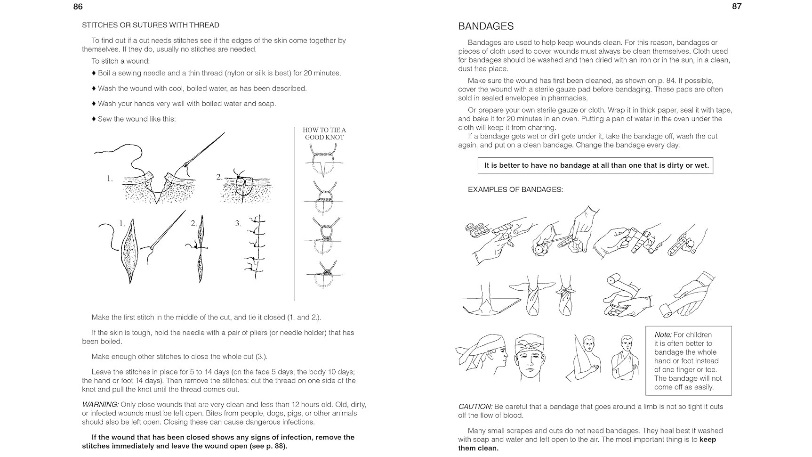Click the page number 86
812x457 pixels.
tap(78, 7)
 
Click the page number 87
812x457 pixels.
tap(737, 7)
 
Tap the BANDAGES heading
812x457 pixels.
tap(486, 26)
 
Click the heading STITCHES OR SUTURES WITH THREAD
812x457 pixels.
tap(151, 25)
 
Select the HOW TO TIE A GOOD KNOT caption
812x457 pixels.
tap(324, 133)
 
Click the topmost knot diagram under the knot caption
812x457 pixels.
tap(323, 160)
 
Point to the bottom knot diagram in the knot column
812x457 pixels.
tap(324, 275)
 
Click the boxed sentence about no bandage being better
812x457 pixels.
tap(596, 165)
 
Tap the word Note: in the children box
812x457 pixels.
tap(663, 335)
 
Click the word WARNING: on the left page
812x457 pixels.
tap(100, 405)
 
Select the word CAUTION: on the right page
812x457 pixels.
tap(475, 407)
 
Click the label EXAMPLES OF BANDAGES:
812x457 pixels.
tap(515, 190)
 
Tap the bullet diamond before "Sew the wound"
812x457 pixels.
tap(94, 119)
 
